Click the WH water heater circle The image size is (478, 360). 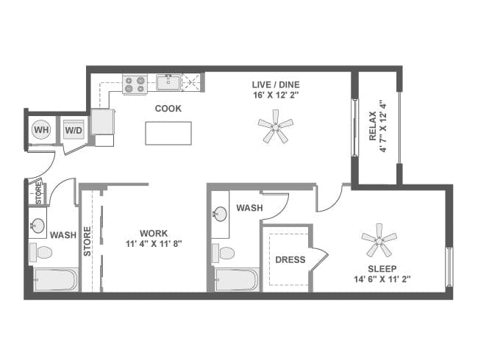(41, 130)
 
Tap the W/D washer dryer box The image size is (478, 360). (74, 131)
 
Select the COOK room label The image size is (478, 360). (168, 109)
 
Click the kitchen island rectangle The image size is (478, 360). (168, 133)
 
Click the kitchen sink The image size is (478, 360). (168, 82)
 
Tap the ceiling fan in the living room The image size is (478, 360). (276, 126)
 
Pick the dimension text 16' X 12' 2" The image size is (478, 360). (275, 95)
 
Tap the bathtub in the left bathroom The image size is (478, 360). (54, 280)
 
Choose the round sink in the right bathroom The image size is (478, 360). (220, 215)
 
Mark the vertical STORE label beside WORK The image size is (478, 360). (88, 242)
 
